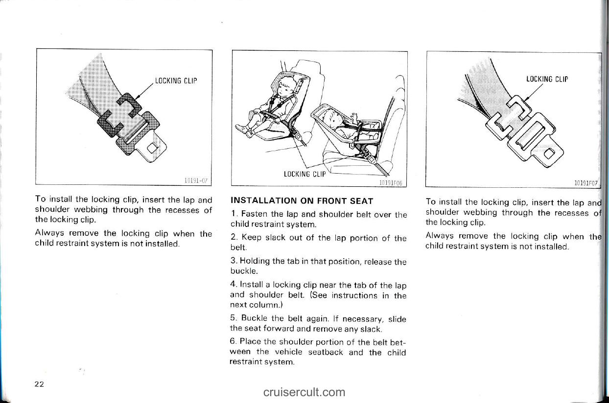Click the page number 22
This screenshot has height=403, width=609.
point(40,384)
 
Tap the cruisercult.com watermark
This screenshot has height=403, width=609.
point(304,392)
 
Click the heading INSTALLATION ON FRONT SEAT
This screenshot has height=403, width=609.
point(302,201)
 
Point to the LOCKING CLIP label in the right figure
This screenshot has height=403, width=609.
point(547,79)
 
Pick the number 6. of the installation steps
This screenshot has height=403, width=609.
point(233,341)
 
